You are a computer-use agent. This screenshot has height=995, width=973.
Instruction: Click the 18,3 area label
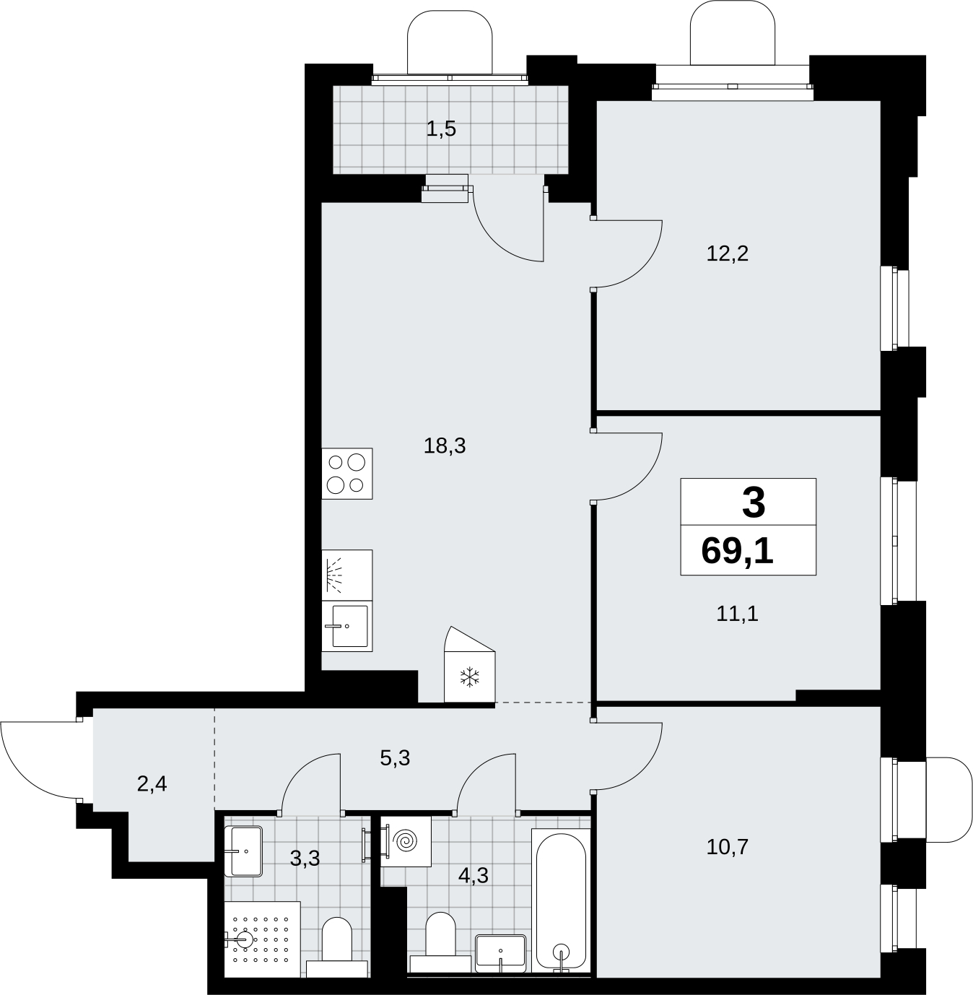(445, 446)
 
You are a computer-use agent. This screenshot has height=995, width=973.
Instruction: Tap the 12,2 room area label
(727, 253)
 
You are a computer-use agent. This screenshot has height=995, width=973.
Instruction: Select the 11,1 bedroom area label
(737, 614)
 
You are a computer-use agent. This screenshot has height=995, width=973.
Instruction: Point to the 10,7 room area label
(727, 847)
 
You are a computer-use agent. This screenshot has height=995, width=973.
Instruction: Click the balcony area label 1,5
(441, 129)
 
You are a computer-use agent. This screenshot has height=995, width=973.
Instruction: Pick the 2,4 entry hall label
(152, 784)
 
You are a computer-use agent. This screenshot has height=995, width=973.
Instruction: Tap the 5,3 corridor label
(395, 757)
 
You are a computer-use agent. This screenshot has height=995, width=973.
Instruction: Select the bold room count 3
(754, 503)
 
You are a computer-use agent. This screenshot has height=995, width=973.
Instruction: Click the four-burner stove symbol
(347, 474)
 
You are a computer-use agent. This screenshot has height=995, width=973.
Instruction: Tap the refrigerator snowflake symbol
(469, 677)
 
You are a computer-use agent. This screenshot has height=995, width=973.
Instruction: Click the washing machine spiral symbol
(405, 842)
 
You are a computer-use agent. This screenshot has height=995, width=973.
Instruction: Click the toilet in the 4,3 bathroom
(440, 942)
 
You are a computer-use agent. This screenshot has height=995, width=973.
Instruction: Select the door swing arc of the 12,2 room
(643, 268)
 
